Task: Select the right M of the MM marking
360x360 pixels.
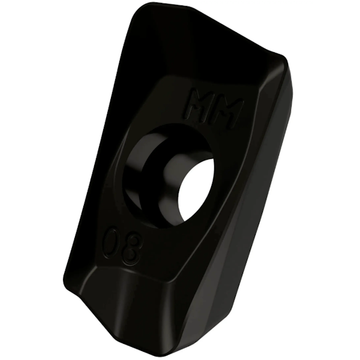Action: [229, 112]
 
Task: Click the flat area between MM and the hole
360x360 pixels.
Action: [198, 129]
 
